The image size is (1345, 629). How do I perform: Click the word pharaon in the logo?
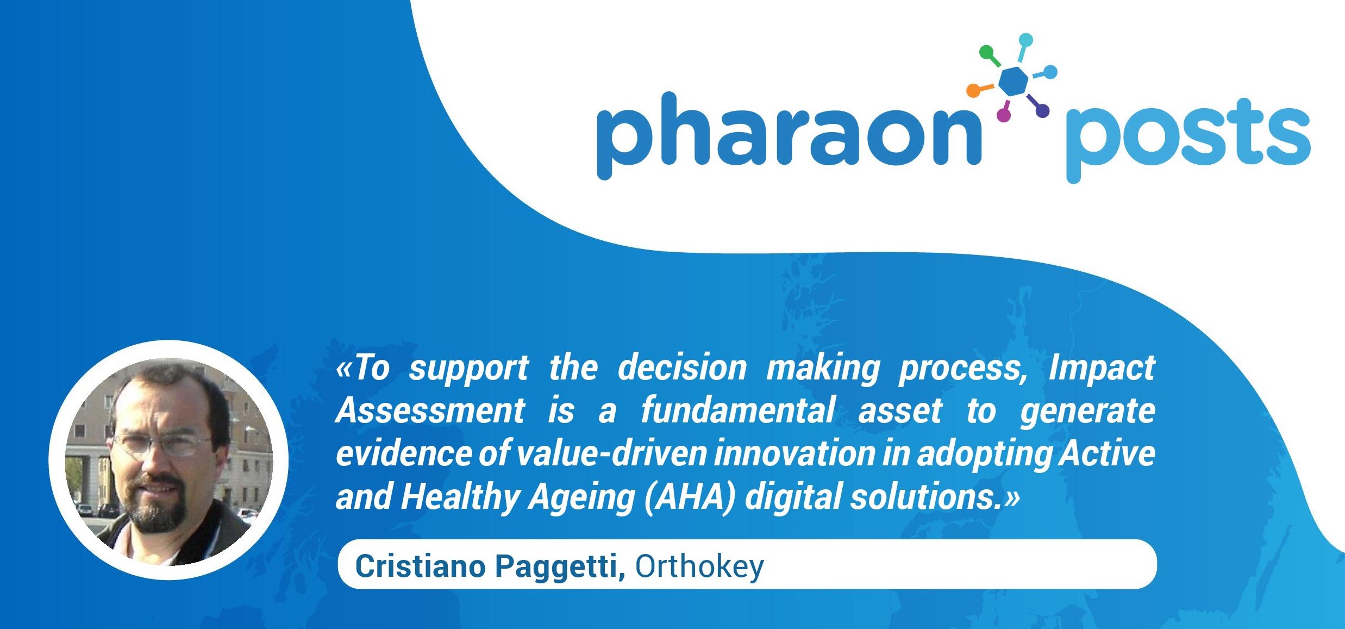pos(790,136)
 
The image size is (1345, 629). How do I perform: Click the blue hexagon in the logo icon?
pos(1014,82)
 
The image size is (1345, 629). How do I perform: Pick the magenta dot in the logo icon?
pos(1003,115)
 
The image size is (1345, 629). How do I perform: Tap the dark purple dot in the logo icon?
pos(1042,111)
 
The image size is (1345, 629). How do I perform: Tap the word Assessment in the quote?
pos(430,410)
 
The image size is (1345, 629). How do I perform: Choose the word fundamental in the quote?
pos(738,410)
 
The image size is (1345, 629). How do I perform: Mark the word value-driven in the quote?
pos(611,454)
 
